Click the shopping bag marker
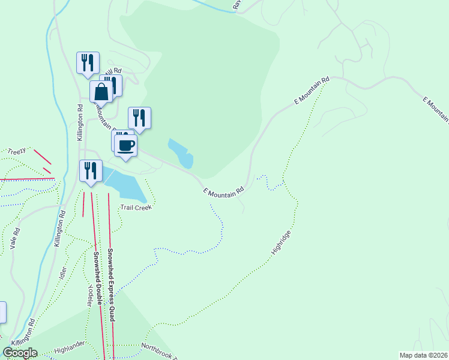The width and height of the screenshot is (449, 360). coord(101,92)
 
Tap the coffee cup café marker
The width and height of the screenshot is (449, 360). coord(125,146)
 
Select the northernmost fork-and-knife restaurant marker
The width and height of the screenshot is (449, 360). coord(88,63)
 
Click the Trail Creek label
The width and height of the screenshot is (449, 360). coord(136,208)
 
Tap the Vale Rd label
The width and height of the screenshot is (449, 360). coord(16,238)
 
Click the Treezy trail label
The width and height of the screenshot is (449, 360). coord(16,152)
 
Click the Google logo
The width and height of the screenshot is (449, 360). coord(20,353)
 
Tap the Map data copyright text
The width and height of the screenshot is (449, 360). coord(423,355)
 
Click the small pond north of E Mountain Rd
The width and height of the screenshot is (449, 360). coord(181,153)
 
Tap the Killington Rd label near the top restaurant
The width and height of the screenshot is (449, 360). coord(80,123)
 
